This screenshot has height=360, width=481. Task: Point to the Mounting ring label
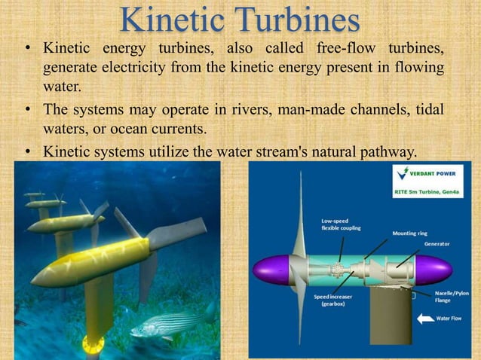coord(411,233)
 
